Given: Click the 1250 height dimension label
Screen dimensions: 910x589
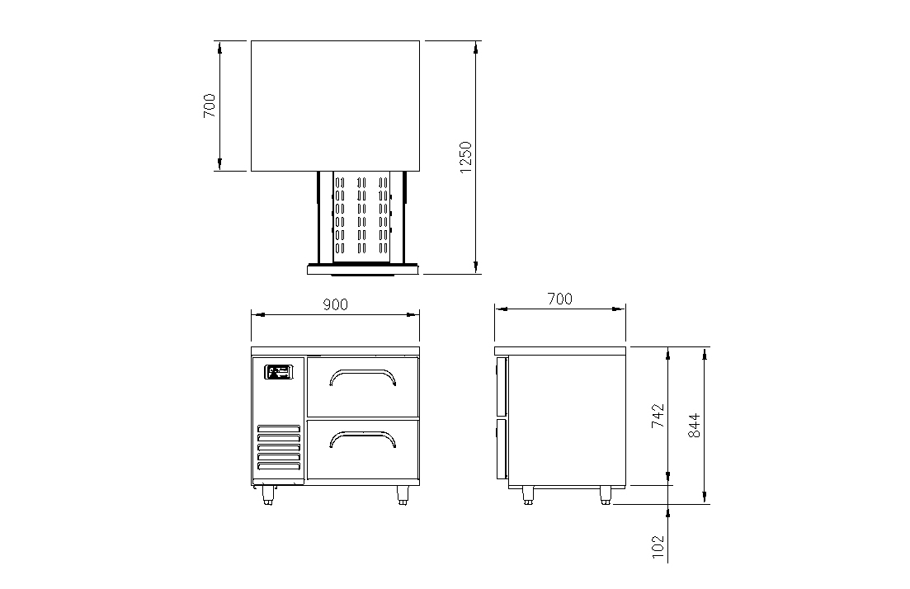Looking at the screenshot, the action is point(465,158).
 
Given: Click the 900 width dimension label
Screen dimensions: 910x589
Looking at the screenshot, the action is point(336,304).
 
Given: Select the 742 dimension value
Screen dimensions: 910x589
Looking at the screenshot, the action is point(658,416).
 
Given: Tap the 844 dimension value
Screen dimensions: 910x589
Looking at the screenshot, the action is point(694,426).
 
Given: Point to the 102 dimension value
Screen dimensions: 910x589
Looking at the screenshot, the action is point(658,547).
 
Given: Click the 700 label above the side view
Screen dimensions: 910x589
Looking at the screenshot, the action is point(560,299).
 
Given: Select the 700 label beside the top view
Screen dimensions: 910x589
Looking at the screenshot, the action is point(209,106).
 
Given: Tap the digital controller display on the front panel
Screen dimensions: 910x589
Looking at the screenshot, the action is point(279,372).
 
